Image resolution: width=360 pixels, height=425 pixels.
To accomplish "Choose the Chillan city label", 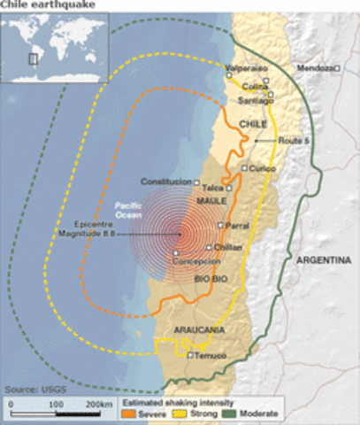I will [227, 247].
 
